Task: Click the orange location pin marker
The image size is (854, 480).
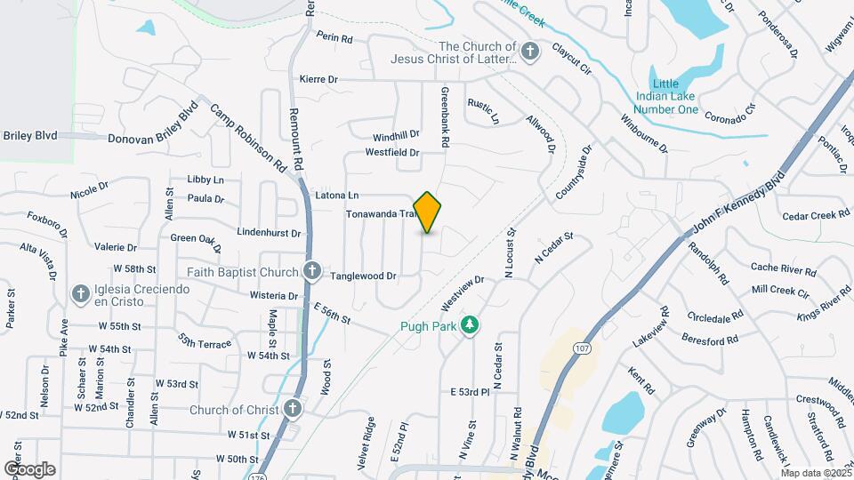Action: coord(428,212)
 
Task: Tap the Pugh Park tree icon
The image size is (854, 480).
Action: coord(470,327)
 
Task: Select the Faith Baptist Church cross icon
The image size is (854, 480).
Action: coord(311,270)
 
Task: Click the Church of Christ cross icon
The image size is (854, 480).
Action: coord(293,410)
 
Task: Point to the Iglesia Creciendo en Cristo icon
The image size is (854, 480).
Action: coord(80,292)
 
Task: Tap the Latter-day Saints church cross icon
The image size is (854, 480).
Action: coord(530,52)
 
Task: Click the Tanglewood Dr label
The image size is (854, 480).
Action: coord(363,276)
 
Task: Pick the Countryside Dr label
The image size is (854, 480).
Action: coord(574,173)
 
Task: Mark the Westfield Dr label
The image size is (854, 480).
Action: coord(391,153)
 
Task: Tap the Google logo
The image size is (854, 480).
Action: coord(29,469)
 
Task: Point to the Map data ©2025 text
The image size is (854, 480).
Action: coord(814,474)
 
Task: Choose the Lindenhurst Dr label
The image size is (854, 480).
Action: coord(269,232)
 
